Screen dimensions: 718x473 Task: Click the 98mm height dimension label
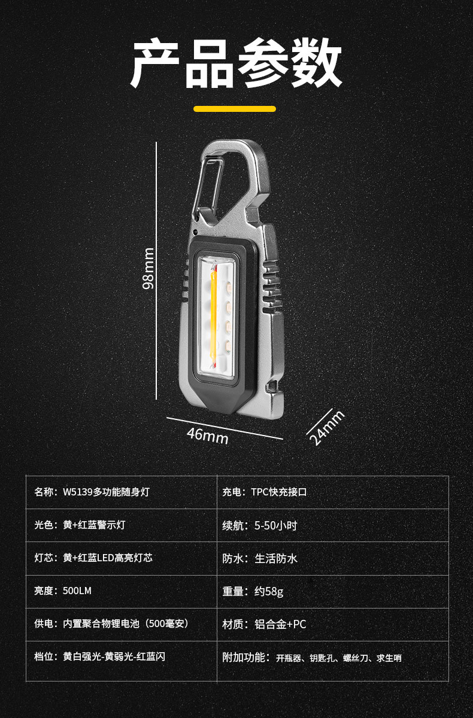point(148,269)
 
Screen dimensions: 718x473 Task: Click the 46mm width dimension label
point(207,434)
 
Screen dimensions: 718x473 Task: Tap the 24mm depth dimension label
point(328,428)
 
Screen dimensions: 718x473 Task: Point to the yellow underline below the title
point(235,109)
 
